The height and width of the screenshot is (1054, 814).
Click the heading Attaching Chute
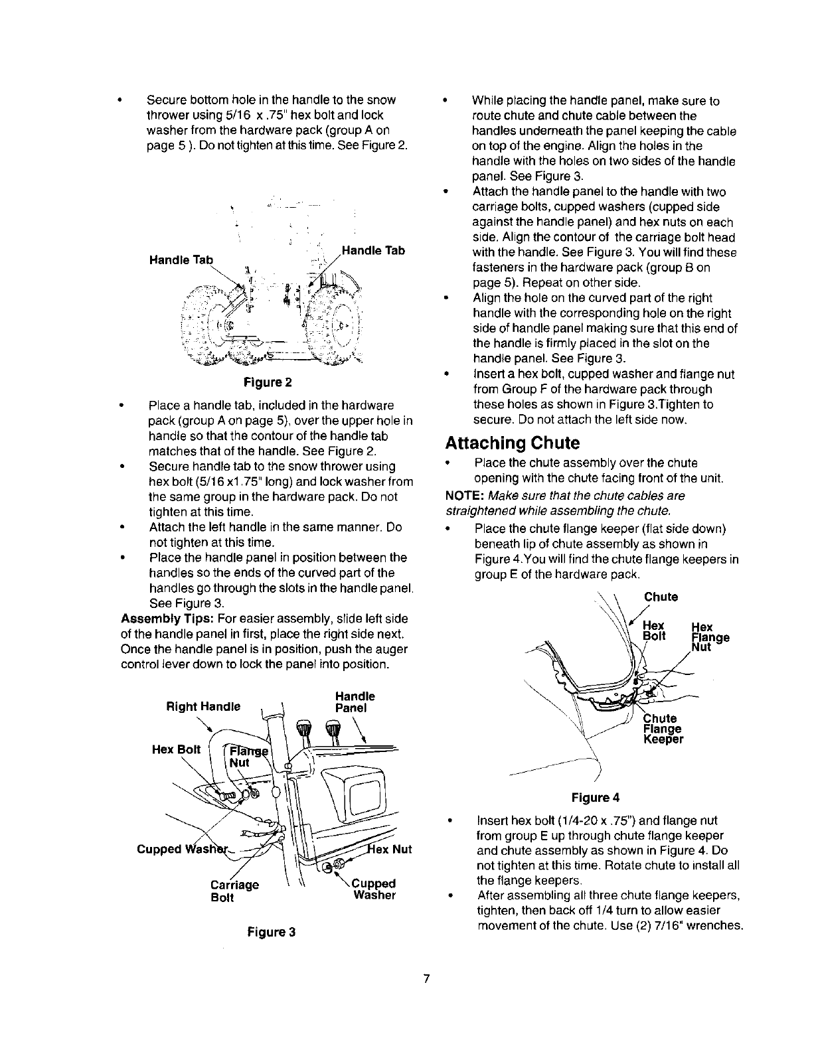pyautogui.click(x=512, y=443)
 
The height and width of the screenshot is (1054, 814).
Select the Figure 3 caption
pyautogui.click(x=271, y=932)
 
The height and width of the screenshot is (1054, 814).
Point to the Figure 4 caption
pyautogui.click(x=595, y=796)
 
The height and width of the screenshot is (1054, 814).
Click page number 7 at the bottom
pyautogui.click(x=427, y=979)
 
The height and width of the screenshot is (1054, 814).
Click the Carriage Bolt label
pyautogui.click(x=234, y=891)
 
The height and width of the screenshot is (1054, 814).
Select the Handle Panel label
pyautogui.click(x=355, y=702)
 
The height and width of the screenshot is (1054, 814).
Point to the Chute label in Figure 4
pyautogui.click(x=661, y=597)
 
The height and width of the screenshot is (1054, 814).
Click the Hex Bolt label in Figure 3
pyautogui.click(x=176, y=749)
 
